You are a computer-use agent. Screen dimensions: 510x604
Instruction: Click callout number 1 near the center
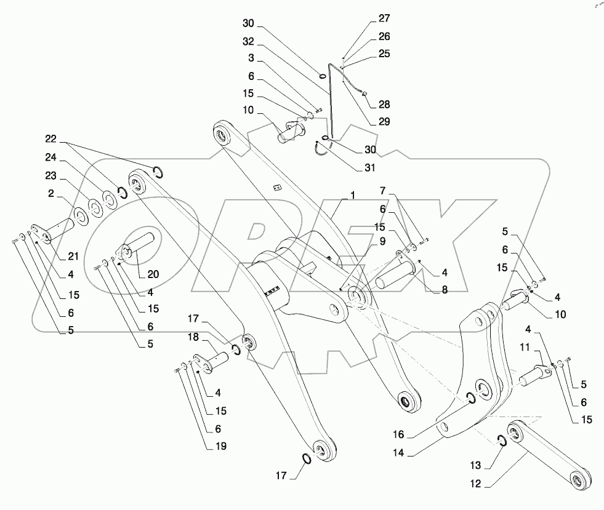[353, 195]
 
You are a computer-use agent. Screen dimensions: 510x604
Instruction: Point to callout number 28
[385, 105]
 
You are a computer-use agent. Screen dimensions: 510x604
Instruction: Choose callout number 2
[51, 193]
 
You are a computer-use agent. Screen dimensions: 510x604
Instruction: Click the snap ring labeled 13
[502, 440]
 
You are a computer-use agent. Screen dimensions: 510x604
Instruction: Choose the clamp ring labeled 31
[322, 149]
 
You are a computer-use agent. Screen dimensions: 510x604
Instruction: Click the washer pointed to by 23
[95, 205]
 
